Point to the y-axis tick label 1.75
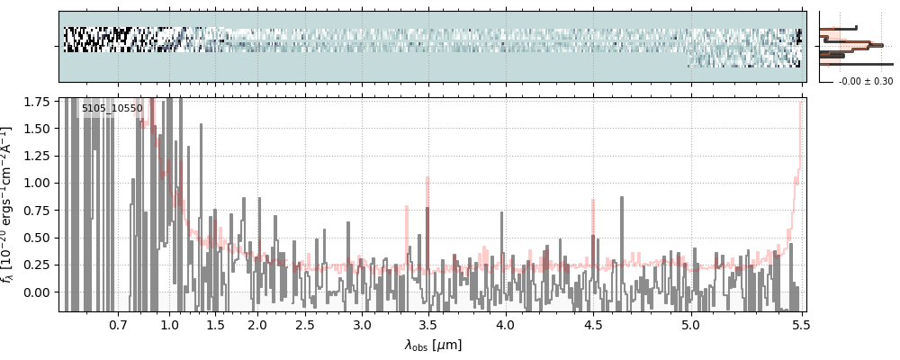coord(35,102)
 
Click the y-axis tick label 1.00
coord(35,183)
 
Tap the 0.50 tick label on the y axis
coord(35,238)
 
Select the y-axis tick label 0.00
coord(35,292)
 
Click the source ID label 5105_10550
coord(112,109)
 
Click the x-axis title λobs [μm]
coord(433,344)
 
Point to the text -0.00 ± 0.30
coord(865,81)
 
